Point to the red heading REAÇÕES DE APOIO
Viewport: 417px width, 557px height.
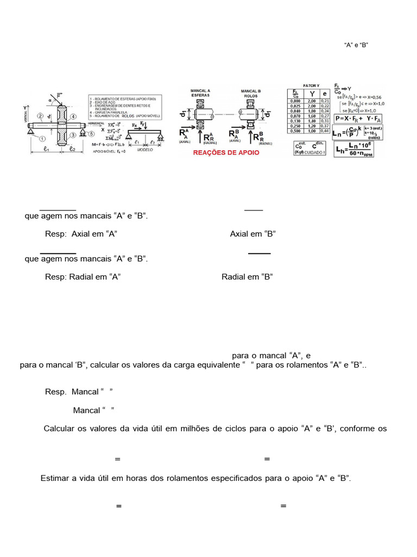click(x=227, y=153)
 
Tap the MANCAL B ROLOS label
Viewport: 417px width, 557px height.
click(x=249, y=94)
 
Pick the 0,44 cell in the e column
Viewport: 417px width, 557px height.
click(x=326, y=131)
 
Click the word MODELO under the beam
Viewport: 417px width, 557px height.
click(x=145, y=148)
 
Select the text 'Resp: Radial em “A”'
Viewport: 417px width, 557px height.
click(x=83, y=276)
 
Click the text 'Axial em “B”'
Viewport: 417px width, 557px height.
click(x=253, y=234)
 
